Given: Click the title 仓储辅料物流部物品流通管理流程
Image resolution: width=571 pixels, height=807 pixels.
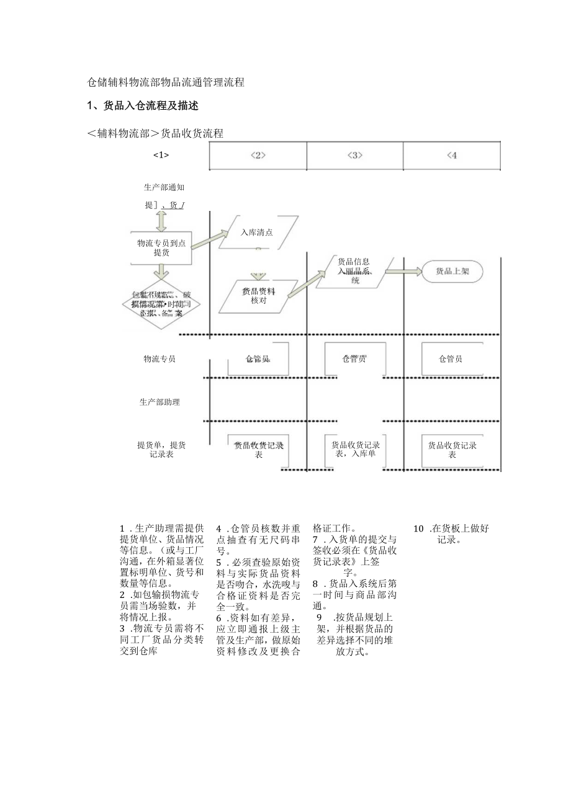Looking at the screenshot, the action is click(166, 82).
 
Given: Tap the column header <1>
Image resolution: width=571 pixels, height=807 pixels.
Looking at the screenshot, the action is click(161, 155).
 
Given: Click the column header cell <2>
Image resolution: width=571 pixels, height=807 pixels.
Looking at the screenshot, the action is click(258, 156).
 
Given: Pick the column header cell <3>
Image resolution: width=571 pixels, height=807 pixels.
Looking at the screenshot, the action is click(355, 156).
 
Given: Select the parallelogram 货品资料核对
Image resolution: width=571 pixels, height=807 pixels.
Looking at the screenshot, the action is click(258, 296).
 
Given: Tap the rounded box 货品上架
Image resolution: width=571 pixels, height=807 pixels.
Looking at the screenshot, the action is click(452, 271).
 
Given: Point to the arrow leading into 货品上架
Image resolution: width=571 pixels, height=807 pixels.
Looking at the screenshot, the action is click(404, 272).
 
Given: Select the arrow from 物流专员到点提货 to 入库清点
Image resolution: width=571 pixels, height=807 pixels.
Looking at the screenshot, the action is click(209, 239).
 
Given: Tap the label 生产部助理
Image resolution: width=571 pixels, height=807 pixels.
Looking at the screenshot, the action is click(160, 402).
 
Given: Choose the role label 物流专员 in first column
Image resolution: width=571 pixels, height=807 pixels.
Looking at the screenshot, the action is click(160, 359).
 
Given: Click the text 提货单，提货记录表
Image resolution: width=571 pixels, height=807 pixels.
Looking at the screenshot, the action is click(161, 450).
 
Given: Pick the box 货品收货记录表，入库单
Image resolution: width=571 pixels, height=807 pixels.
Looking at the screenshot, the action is click(356, 449).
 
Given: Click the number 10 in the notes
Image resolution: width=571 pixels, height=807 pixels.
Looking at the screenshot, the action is click(419, 529).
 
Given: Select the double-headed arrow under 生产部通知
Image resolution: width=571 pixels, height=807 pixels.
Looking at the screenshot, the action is click(161, 221).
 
